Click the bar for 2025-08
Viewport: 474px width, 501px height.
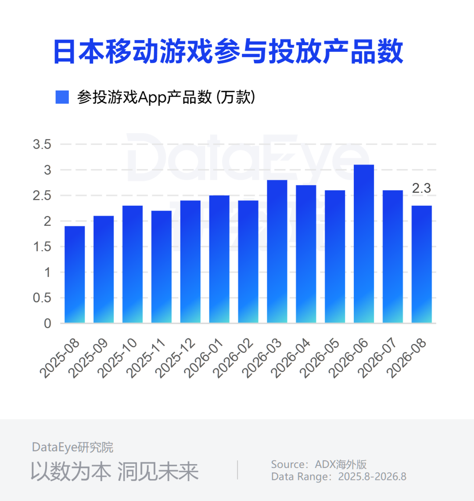pyautogui.click(x=75, y=275)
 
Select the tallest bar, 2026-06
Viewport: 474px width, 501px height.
pyautogui.click(x=364, y=244)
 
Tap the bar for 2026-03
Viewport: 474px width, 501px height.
pyautogui.click(x=277, y=251)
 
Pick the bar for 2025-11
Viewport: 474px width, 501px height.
pyautogui.click(x=162, y=267)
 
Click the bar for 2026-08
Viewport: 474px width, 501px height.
pyautogui.click(x=422, y=264)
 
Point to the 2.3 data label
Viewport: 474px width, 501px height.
pyautogui.click(x=421, y=188)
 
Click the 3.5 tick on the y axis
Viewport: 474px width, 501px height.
pyautogui.click(x=42, y=145)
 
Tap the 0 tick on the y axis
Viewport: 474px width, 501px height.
pyautogui.click(x=47, y=323)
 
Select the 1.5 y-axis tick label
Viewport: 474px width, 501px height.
pyautogui.click(x=42, y=247)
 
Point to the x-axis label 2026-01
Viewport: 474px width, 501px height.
pyautogui.click(x=205, y=359)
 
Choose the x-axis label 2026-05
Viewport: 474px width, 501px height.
pyautogui.click(x=320, y=359)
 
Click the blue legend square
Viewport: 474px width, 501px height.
pyautogui.click(x=62, y=97)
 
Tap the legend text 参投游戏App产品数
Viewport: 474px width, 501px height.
pyautogui.click(x=144, y=97)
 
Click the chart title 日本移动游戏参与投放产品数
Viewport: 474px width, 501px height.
pyautogui.click(x=229, y=51)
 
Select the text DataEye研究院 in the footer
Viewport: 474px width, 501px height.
pyautogui.click(x=72, y=447)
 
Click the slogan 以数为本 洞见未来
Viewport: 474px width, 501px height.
pyautogui.click(x=115, y=472)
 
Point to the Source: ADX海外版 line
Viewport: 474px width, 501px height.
pyautogui.click(x=319, y=464)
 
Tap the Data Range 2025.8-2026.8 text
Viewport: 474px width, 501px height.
pyautogui.click(x=339, y=476)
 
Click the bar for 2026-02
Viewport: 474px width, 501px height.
pyautogui.click(x=248, y=261)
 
